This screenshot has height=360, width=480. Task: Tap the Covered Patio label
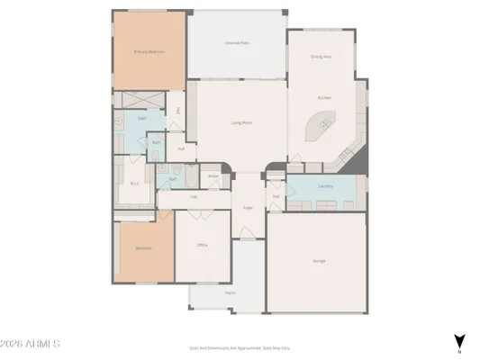[237, 42]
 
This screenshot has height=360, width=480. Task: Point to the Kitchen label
[323, 97]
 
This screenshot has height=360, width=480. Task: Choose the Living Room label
[240, 122]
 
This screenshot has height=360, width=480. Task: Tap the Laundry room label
[325, 186]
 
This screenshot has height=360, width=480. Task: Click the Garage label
[319, 260]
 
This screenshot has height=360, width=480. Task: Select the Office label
[203, 245]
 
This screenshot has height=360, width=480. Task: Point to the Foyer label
[248, 208]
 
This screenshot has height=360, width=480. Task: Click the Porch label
[230, 292]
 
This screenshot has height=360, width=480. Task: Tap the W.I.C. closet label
[134, 184]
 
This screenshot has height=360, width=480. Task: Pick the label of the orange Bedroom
[143, 247]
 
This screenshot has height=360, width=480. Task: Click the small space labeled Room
[213, 175]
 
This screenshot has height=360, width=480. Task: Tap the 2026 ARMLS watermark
[31, 344]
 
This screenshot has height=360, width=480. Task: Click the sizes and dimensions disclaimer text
[239, 346]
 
